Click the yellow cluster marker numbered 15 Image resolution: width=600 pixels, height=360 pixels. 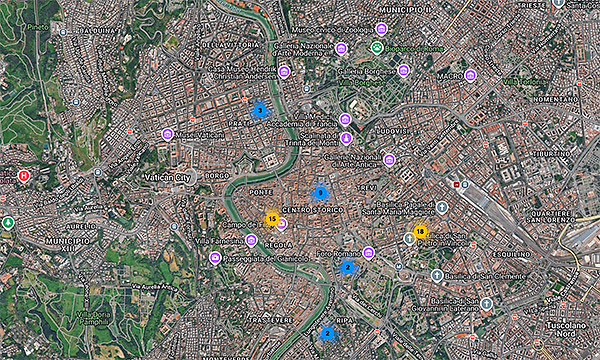pos(271,218)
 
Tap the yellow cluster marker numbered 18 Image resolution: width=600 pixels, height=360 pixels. pos(420,233)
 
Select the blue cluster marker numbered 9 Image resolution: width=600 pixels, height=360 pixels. pos(321,192)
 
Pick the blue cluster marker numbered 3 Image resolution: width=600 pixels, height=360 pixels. pos(259,110)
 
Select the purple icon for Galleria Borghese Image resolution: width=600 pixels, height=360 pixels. pos(403,71)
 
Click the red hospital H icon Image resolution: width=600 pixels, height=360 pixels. pos(24,176)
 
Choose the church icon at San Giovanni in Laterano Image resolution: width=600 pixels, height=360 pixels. pos(486,303)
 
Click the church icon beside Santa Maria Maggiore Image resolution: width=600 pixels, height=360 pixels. pos(441,206)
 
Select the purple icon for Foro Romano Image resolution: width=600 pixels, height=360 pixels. pos(368,253)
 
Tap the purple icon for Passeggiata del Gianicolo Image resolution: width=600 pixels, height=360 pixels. pos(215,258)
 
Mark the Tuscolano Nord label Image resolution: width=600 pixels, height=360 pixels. pos(566,330)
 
